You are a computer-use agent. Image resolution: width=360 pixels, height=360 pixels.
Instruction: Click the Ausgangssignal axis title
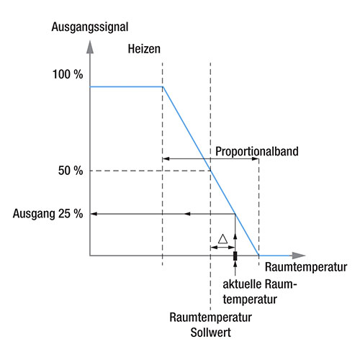pyautogui.click(x=90, y=27)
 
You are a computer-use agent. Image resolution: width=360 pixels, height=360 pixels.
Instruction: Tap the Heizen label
pyautogui.click(x=144, y=49)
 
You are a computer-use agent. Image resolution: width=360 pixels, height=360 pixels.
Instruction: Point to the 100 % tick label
pyautogui.click(x=68, y=74)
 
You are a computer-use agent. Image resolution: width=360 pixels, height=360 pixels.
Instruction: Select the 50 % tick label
pyautogui.click(x=71, y=171)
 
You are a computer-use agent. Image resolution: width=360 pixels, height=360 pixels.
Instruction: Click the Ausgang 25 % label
pyautogui.click(x=48, y=214)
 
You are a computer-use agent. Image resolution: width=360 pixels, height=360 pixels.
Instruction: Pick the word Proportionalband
pyautogui.click(x=257, y=151)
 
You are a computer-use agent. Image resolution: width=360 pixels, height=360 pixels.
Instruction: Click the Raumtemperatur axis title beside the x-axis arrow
pyautogui.click(x=306, y=267)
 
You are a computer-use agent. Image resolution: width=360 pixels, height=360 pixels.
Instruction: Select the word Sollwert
pyautogui.click(x=211, y=333)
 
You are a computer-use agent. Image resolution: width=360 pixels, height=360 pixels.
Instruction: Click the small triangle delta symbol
pyautogui.click(x=222, y=239)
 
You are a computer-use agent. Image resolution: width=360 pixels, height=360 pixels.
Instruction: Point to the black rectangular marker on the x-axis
pyautogui.click(x=235, y=256)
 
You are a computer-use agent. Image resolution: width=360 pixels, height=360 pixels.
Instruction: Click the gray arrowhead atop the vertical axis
pyautogui.click(x=90, y=47)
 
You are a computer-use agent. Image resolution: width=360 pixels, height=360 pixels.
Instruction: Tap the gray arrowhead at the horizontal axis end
pyautogui.click(x=299, y=256)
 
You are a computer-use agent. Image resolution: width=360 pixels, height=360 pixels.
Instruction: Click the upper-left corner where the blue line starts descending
pyautogui.click(x=163, y=86)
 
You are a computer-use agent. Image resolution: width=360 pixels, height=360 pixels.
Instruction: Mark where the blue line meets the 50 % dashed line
pyautogui.click(x=210, y=171)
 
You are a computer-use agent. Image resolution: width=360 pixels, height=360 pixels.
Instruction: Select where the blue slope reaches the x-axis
pyautogui.click(x=258, y=256)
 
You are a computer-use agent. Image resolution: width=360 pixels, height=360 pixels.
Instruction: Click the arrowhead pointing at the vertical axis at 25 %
pyautogui.click(x=94, y=214)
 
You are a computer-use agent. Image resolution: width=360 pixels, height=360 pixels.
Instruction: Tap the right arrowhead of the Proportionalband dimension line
pyautogui.click(x=255, y=159)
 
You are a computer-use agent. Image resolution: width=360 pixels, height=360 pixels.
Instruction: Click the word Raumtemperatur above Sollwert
pyautogui.click(x=210, y=318)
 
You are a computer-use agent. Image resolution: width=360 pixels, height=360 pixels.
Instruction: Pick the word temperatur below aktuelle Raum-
pyautogui.click(x=250, y=300)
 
